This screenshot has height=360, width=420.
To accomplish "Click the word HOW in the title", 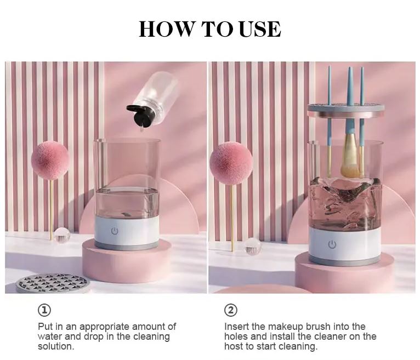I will pos(163,29).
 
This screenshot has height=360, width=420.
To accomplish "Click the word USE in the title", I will pos(259,29).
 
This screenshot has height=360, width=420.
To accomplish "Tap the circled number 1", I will pos(44,311).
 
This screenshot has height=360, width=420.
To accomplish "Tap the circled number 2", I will pos(231,311).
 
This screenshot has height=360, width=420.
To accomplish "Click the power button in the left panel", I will pos(115,231).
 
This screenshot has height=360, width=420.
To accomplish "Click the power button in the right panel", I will pos(332,244).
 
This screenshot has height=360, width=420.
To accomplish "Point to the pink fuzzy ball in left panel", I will pos(50,160).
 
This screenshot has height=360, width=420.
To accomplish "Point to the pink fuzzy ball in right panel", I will pos(231,163).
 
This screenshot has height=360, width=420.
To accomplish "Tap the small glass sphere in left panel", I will pos(62,236).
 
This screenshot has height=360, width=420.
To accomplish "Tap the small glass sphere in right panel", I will pos(253,247).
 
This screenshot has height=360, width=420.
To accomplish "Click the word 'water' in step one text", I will pos(51,336).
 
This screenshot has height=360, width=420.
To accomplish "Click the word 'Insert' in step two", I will pos(236,327).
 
